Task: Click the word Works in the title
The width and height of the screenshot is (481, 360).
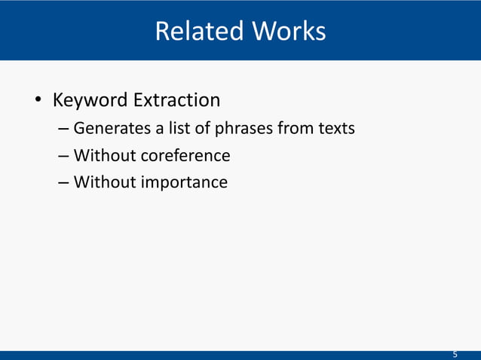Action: [290, 32]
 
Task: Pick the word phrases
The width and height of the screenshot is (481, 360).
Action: [244, 130]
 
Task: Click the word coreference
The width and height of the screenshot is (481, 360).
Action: [185, 156]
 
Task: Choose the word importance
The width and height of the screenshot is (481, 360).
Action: [184, 182]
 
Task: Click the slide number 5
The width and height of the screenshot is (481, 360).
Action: [455, 354]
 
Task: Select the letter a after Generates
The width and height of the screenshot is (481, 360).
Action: [161, 130]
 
